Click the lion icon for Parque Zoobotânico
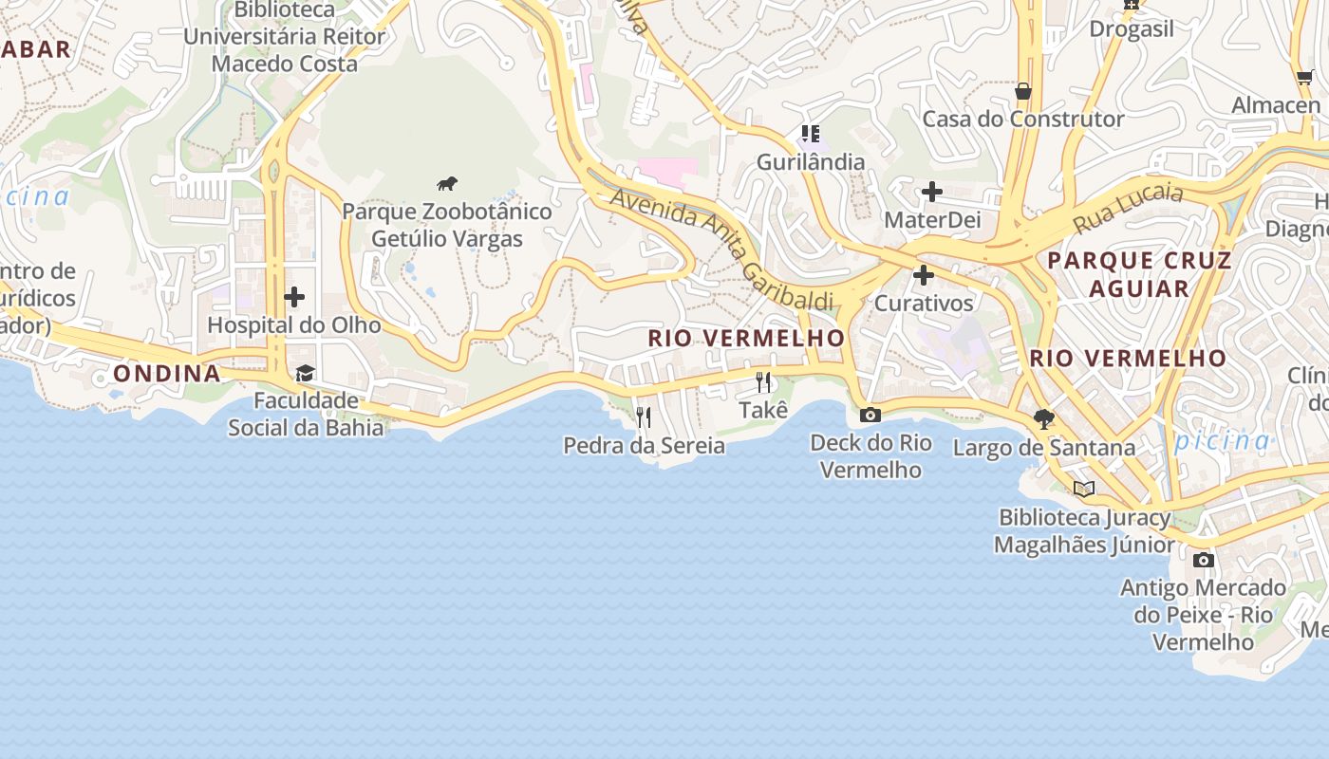coord(447,183)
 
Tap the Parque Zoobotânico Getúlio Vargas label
coord(447,225)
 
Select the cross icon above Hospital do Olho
coord(294,297)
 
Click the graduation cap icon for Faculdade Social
coord(305,373)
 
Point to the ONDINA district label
coord(167,374)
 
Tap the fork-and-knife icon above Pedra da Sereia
coord(644,417)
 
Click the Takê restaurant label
coord(763,410)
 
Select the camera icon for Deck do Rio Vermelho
coord(870,415)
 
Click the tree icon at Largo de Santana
coord(1044,418)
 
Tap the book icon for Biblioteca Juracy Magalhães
coord(1083,490)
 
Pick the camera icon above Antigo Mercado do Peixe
coord(1203,560)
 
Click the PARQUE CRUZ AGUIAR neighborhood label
coord(1139,274)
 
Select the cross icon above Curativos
coord(923,276)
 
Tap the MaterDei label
coord(931,220)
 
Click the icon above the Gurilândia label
coord(810,134)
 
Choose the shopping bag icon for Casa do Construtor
coord(1023,91)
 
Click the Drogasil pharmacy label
coord(1132,28)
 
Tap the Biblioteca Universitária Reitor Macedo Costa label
coord(285,37)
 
